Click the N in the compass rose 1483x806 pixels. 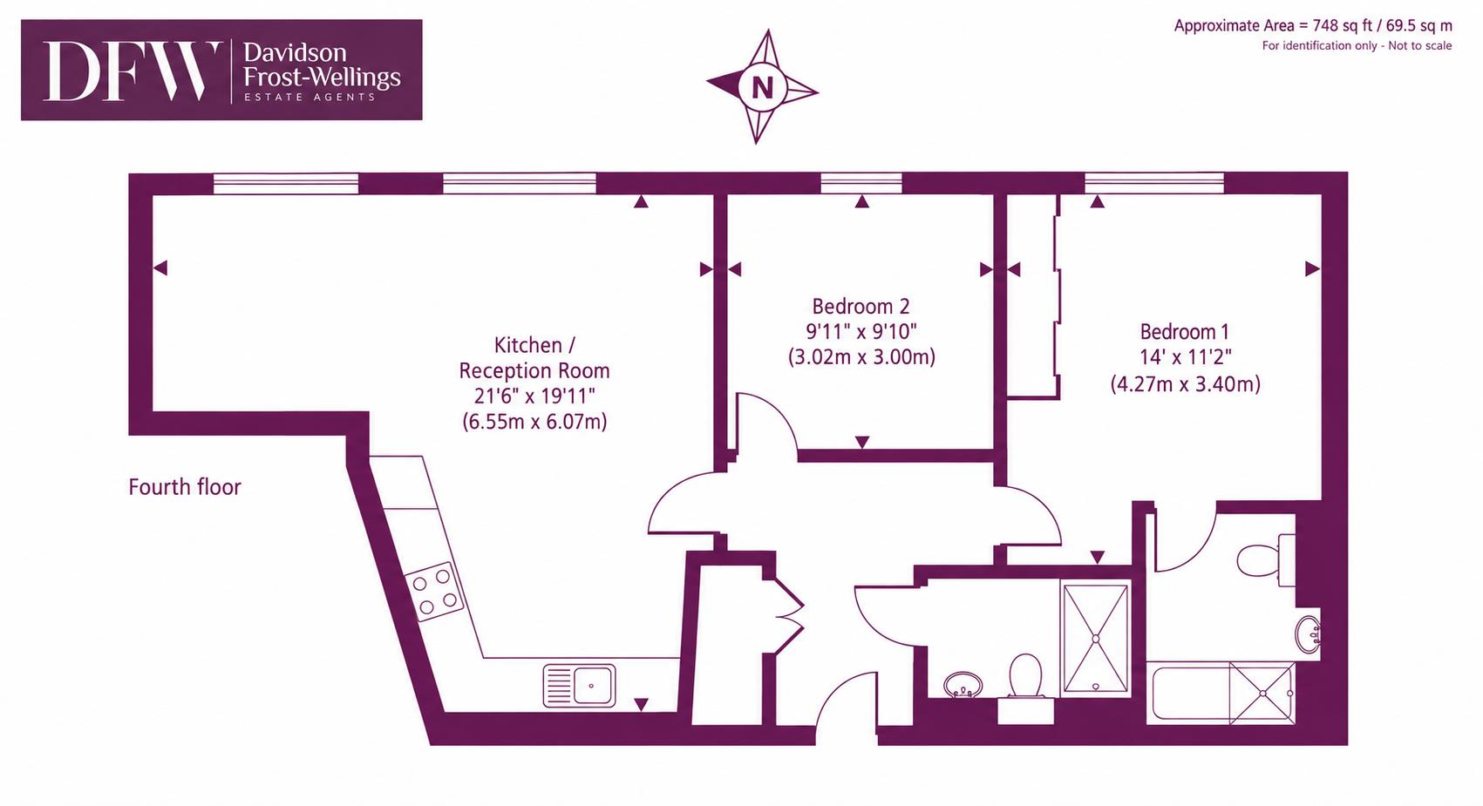[x=762, y=87]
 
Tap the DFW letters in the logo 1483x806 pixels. [x=132, y=71]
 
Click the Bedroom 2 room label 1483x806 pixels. [x=861, y=307]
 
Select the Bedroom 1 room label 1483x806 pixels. [x=1185, y=331]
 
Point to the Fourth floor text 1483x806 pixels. [x=185, y=487]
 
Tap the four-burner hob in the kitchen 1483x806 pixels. [x=434, y=592]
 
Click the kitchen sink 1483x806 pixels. [x=579, y=686]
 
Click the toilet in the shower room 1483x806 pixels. [x=1025, y=675]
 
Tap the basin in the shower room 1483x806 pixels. [x=963, y=685]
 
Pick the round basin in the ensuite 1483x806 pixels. [x=1308, y=634]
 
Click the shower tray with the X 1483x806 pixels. [x=1096, y=639]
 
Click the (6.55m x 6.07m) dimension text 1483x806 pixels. [x=534, y=422]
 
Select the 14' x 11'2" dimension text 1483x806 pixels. [x=1185, y=357]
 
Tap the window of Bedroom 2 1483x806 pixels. [x=861, y=183]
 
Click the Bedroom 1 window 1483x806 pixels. [x=1154, y=183]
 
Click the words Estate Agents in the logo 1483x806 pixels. [x=310, y=98]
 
